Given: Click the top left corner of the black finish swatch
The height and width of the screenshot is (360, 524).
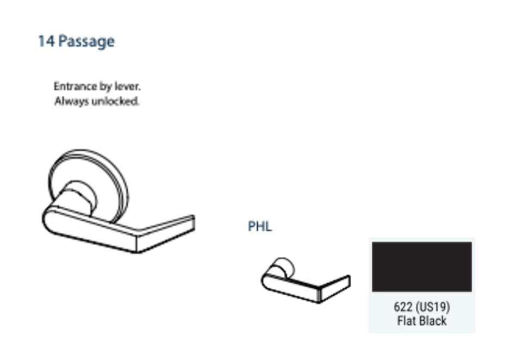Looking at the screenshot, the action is click(x=372, y=243).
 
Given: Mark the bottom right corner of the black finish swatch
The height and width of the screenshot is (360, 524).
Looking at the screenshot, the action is click(x=472, y=292).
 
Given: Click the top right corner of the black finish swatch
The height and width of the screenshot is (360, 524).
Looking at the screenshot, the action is click(x=472, y=243).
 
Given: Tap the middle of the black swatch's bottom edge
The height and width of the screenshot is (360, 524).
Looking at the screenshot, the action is click(x=422, y=292).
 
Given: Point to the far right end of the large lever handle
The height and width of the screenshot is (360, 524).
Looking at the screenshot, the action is click(x=195, y=222).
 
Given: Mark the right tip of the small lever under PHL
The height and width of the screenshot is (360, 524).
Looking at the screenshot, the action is click(x=350, y=281).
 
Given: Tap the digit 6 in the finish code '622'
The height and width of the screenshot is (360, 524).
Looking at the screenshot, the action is click(x=397, y=307).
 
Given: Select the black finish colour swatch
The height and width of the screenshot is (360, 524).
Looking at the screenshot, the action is click(x=422, y=267).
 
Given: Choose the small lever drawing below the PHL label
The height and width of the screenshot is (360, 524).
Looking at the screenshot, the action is click(x=306, y=281).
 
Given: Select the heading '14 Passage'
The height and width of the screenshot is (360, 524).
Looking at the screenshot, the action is click(x=76, y=42).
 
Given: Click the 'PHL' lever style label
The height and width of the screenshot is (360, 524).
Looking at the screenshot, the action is click(x=260, y=227).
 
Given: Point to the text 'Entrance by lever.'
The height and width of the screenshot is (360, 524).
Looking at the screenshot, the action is click(x=97, y=86).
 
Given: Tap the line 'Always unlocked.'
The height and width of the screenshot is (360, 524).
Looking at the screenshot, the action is click(x=97, y=101).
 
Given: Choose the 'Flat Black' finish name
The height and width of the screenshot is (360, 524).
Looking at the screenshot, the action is click(x=422, y=321).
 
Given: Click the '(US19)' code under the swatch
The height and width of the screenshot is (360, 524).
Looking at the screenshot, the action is click(x=433, y=307).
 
